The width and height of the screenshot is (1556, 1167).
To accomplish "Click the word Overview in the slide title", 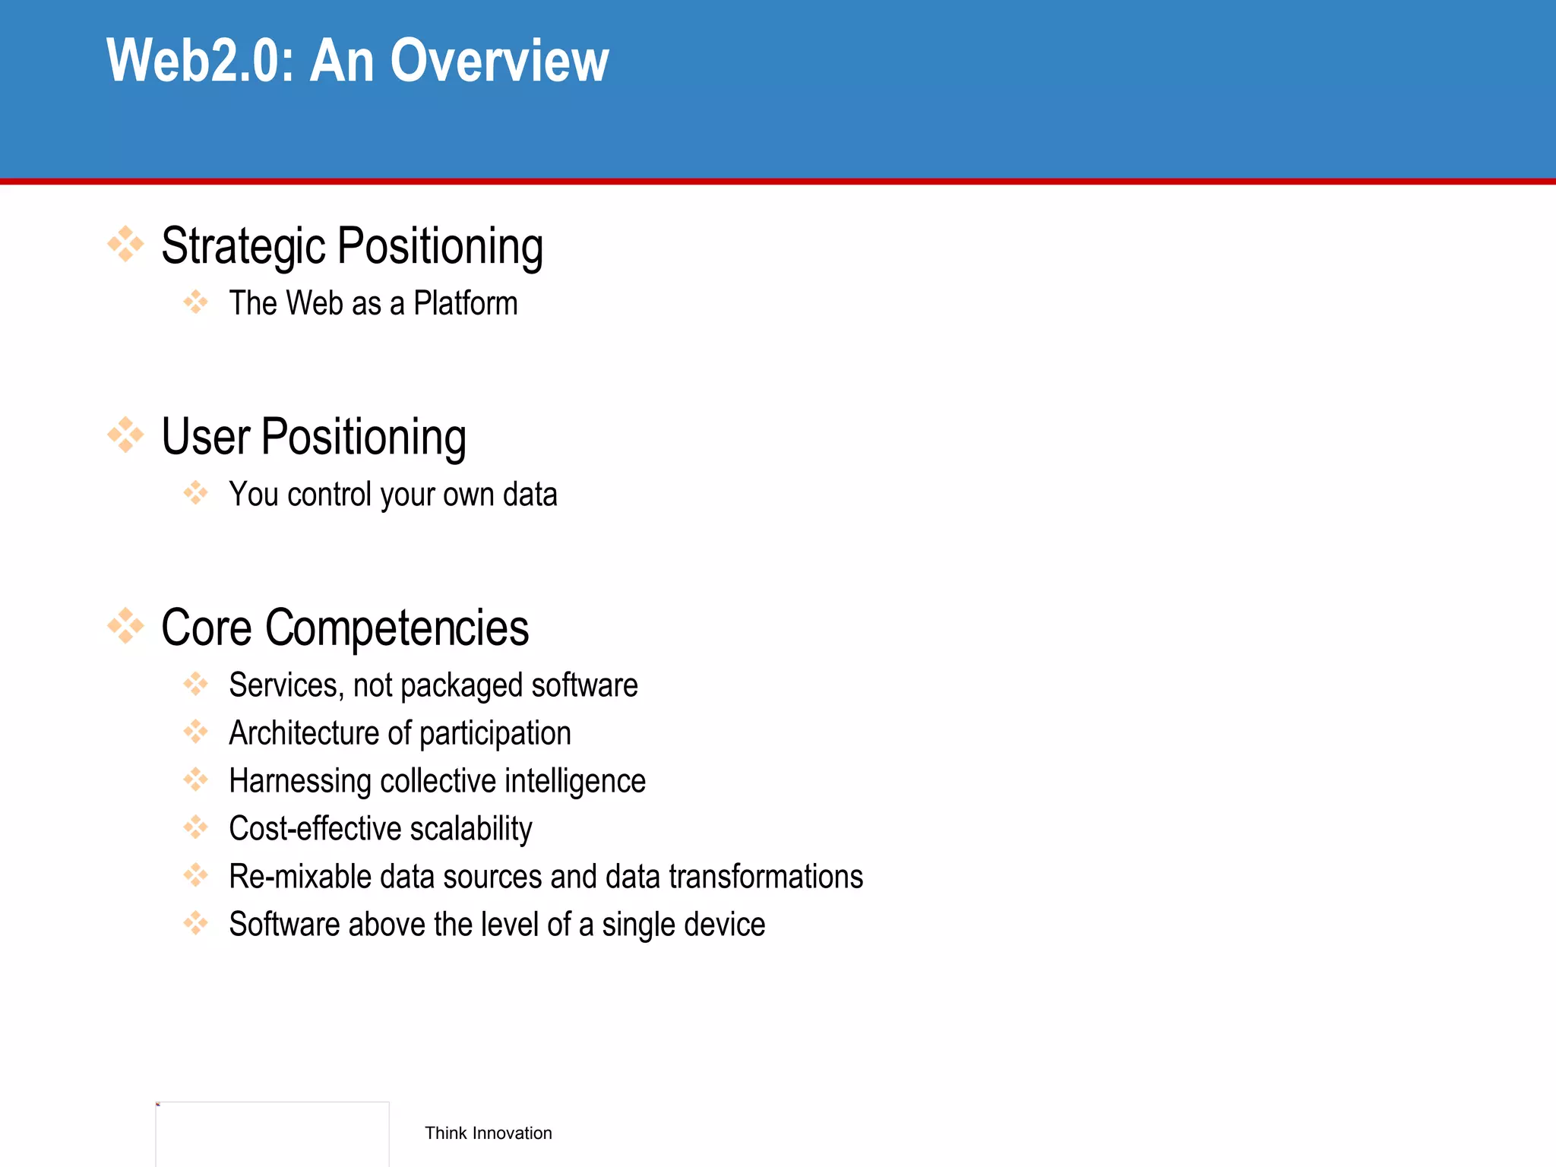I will [499, 61].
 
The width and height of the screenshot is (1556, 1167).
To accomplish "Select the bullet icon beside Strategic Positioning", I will [125, 245].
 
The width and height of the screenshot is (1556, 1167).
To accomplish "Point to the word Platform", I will [465, 304].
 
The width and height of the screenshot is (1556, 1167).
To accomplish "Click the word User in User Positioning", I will [205, 437].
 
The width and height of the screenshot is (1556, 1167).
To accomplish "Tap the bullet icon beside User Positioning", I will [125, 435].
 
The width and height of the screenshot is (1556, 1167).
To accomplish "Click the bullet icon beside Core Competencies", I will [125, 626].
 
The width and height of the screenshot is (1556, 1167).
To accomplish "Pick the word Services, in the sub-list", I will [286, 686].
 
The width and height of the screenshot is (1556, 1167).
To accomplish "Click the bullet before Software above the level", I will [195, 923].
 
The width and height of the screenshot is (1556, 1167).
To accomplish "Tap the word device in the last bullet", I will [732, 925].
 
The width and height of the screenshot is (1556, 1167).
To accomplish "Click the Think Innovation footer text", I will [489, 1134].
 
